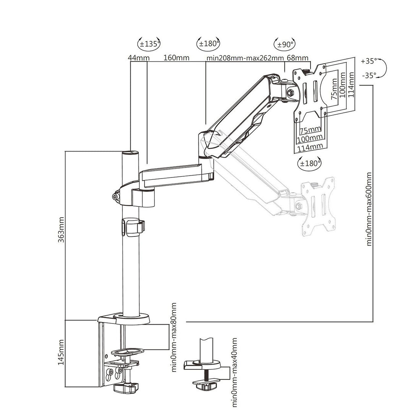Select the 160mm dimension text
click(x=176, y=58)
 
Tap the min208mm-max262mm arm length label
click(x=245, y=58)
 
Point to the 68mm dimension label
click(x=297, y=58)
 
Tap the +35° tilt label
click(x=369, y=60)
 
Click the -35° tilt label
click(x=369, y=75)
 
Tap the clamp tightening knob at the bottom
click(x=126, y=389)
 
